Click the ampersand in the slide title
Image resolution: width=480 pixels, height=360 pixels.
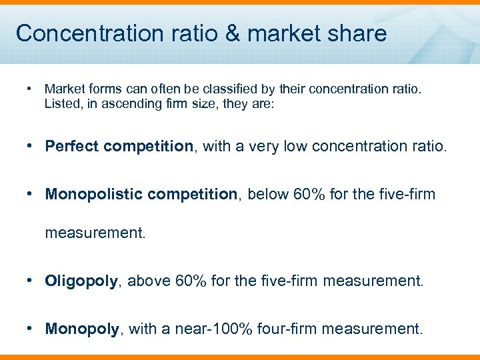coord(229,33)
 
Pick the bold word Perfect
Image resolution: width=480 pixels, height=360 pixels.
coord(70,146)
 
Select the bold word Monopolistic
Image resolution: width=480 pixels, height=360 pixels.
coord(93,194)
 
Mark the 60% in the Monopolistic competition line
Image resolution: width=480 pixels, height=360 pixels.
coord(309,194)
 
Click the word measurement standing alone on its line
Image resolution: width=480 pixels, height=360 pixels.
coord(95,233)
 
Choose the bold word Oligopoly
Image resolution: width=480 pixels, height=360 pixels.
coord(81,281)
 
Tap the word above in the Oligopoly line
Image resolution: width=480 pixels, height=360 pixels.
coord(149,281)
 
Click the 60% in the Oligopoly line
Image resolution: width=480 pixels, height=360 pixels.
coord(191,281)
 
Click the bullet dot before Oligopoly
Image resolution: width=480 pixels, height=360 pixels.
coord(31,280)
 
